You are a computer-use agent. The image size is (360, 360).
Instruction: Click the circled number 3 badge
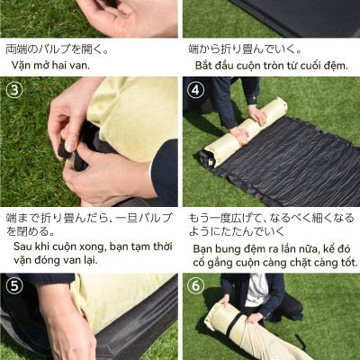pyautogui.click(x=15, y=90)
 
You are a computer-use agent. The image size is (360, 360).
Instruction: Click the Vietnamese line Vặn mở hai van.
pyautogui.click(x=54, y=66)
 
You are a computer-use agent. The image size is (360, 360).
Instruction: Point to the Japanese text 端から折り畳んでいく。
pyautogui.click(x=245, y=49)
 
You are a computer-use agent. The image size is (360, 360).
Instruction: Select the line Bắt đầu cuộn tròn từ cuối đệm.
pyautogui.click(x=270, y=66)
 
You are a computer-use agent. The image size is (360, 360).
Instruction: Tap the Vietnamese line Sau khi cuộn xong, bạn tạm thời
pyautogui.click(x=90, y=246)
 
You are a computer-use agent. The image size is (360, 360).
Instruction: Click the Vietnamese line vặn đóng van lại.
pyautogui.click(x=56, y=260)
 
